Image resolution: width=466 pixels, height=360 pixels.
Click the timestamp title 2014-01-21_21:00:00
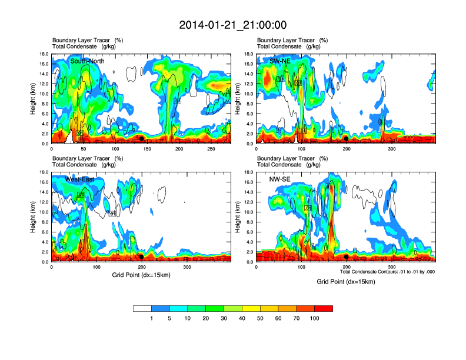click(233, 25)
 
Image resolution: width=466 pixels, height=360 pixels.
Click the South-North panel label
click(88, 61)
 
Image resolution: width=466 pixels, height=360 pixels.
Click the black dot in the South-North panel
click(141, 138)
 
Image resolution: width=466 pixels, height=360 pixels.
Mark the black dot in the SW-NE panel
click(347, 138)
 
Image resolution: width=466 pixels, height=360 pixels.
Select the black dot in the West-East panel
click(141, 256)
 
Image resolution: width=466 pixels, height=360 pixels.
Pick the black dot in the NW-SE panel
click(347, 256)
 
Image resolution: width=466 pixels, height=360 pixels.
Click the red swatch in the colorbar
click(324, 308)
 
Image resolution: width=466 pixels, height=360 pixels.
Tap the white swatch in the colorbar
click(142, 308)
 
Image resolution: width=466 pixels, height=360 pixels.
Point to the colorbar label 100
click(315, 318)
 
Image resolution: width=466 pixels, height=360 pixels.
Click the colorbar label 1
click(152, 318)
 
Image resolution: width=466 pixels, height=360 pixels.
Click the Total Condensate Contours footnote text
click(387, 272)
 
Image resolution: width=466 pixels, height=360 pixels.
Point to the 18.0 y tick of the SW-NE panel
click(248, 54)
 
